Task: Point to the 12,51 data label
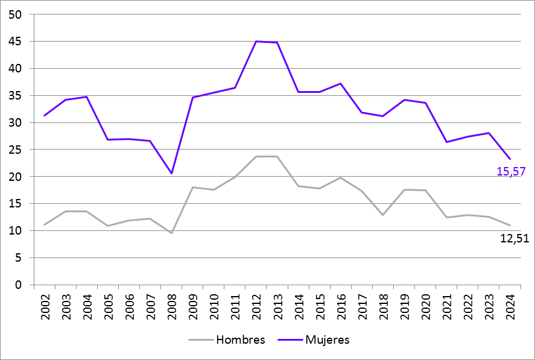point(514,238)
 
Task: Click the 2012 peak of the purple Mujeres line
point(256,42)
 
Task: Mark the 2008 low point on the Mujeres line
point(172,174)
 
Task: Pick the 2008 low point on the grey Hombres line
point(172,233)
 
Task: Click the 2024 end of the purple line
point(510,159)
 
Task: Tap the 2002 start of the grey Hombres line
point(45,224)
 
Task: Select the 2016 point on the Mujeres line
point(341,84)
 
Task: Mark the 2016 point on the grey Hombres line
point(341,177)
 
